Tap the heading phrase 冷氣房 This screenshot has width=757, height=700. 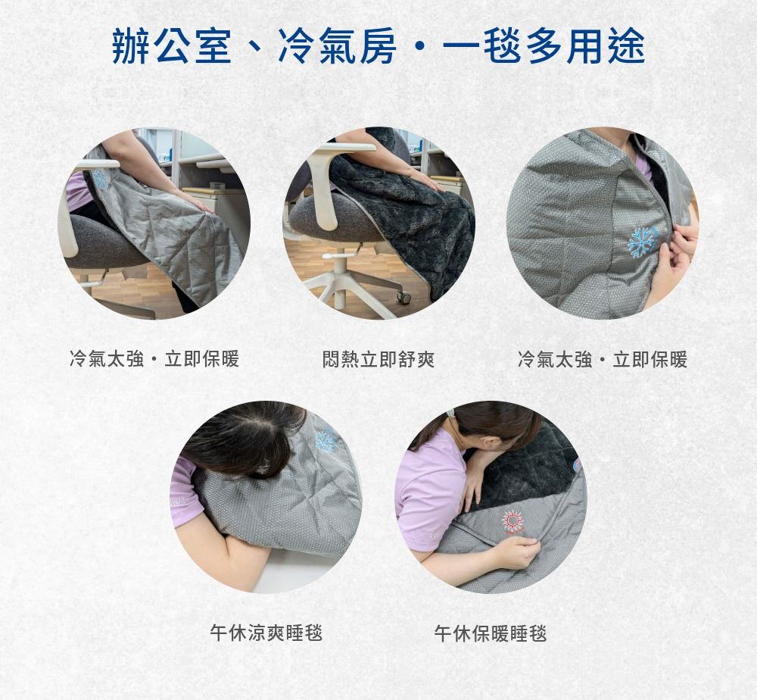pos(337,46)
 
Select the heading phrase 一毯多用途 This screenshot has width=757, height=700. pos(544,46)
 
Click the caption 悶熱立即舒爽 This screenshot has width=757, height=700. pos(378,359)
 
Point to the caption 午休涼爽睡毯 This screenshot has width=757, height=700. pos(266,633)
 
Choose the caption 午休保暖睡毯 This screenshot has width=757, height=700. pos(490,633)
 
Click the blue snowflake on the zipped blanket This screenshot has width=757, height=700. pos(642,241)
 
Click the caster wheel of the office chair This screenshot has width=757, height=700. pos(404,297)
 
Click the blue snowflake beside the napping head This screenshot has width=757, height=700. pos(326,441)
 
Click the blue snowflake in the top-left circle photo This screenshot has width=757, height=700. pos(101,179)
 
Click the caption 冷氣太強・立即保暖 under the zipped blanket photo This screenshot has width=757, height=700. pos(602,359)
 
